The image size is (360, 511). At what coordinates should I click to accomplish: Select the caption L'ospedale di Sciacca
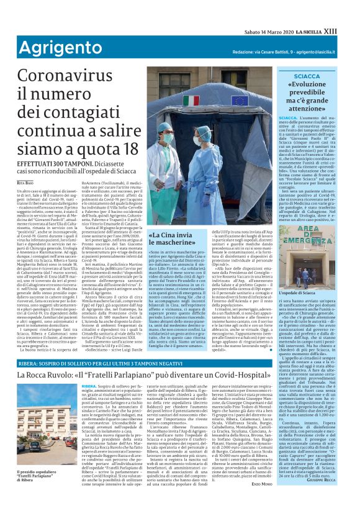coord(297,292)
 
